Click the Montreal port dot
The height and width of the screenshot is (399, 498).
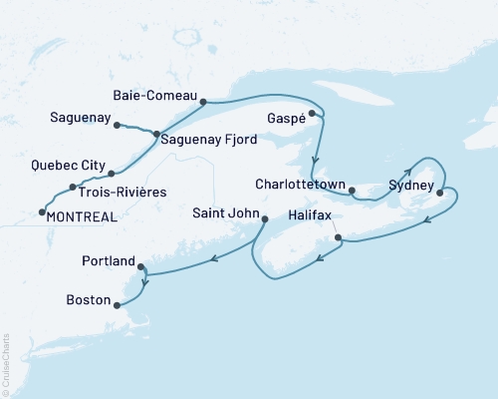pyautogui.click(x=41, y=210)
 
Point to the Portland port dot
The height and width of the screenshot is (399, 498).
pyautogui.click(x=141, y=266)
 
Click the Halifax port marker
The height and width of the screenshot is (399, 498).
pyautogui.click(x=340, y=237)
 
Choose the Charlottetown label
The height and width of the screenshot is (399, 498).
pyautogui.click(x=300, y=185)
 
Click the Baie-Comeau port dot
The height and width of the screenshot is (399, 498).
pyautogui.click(x=202, y=101)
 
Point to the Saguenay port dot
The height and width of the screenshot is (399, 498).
pyautogui.click(x=118, y=125)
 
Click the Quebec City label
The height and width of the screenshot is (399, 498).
pyautogui.click(x=66, y=166)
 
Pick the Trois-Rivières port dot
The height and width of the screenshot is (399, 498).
pyautogui.click(x=73, y=188)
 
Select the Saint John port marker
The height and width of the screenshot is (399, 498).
pyautogui.click(x=264, y=217)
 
